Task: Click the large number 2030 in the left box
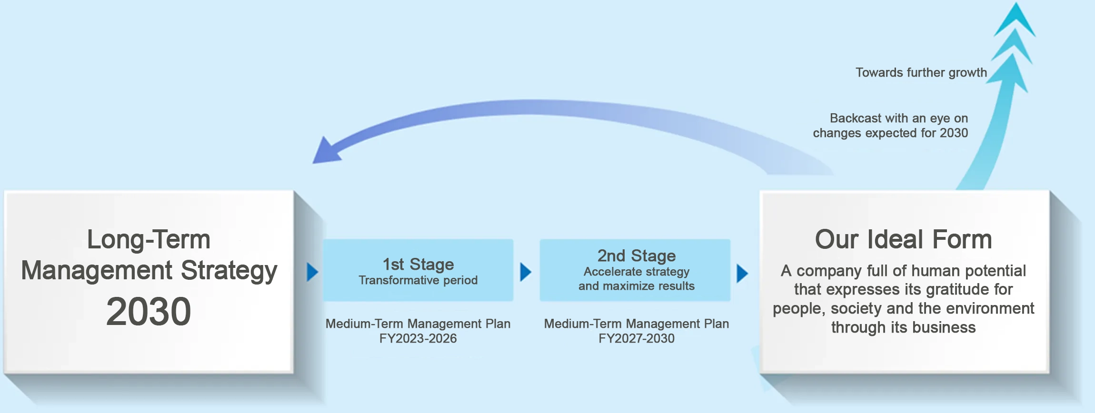tap(149, 312)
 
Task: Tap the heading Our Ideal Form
tap(903, 239)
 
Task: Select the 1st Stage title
tap(418, 264)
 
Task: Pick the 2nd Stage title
tap(637, 256)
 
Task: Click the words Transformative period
tap(418, 280)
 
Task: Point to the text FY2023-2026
tap(418, 338)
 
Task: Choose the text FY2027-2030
tap(637, 338)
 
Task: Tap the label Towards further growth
tap(921, 72)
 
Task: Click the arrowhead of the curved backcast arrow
tap(326, 151)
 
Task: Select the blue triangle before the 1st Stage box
tap(312, 272)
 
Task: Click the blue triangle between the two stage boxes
tap(526, 272)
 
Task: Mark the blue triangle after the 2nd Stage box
tap(742, 273)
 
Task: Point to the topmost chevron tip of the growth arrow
tap(1016, 3)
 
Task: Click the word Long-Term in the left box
tap(149, 239)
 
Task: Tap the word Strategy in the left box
tap(229, 271)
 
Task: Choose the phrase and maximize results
tap(637, 286)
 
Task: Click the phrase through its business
tap(903, 327)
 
